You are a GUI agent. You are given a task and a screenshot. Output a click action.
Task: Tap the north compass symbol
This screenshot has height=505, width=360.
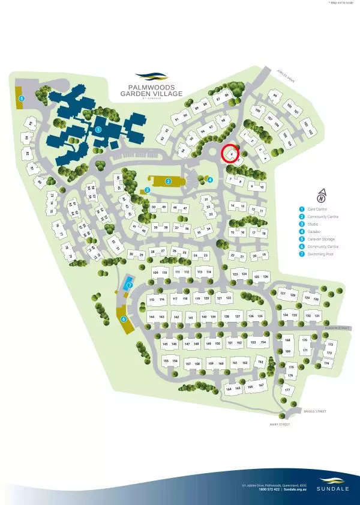tap(322, 195)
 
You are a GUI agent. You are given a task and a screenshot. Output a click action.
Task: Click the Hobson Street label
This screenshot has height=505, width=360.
tap(336, 328)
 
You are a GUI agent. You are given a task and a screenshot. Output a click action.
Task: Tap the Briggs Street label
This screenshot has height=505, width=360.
tap(314, 411)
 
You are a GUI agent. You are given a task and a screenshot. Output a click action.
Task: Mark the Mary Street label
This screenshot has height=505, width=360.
tap(280, 425)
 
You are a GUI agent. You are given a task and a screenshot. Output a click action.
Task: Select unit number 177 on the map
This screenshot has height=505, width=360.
tap(287, 390)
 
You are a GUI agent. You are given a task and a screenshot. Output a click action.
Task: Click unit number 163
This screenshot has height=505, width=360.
tap(260, 362)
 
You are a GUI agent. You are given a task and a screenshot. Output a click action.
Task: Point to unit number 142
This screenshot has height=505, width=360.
tap(176, 316)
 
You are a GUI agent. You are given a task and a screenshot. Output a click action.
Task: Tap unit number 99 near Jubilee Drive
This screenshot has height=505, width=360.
tap(275, 95)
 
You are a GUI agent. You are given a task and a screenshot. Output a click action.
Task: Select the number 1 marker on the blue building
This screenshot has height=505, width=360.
tap(98, 129)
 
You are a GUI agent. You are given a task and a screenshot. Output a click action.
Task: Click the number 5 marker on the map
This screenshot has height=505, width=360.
tap(22, 98)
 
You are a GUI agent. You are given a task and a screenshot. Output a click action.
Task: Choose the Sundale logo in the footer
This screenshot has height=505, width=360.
tap(331, 483)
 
